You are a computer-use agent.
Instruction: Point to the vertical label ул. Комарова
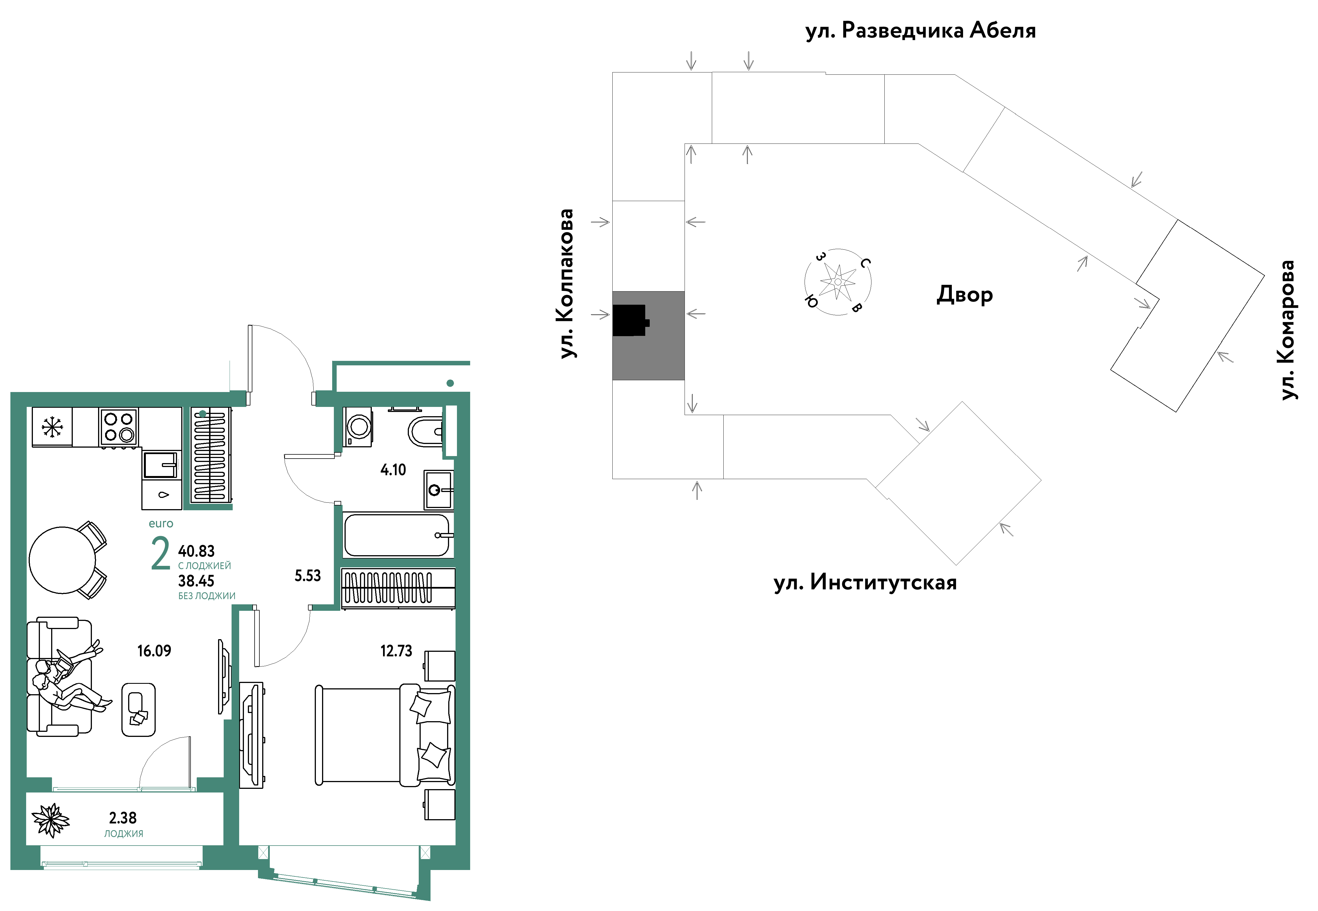pos(1288,330)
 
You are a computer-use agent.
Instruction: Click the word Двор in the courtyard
pos(964,295)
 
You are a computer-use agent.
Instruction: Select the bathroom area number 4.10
pos(393,470)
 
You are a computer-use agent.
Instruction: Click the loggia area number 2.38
pos(123,818)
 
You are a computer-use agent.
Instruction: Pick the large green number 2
pos(160,554)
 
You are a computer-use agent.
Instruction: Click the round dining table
pos(62,560)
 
